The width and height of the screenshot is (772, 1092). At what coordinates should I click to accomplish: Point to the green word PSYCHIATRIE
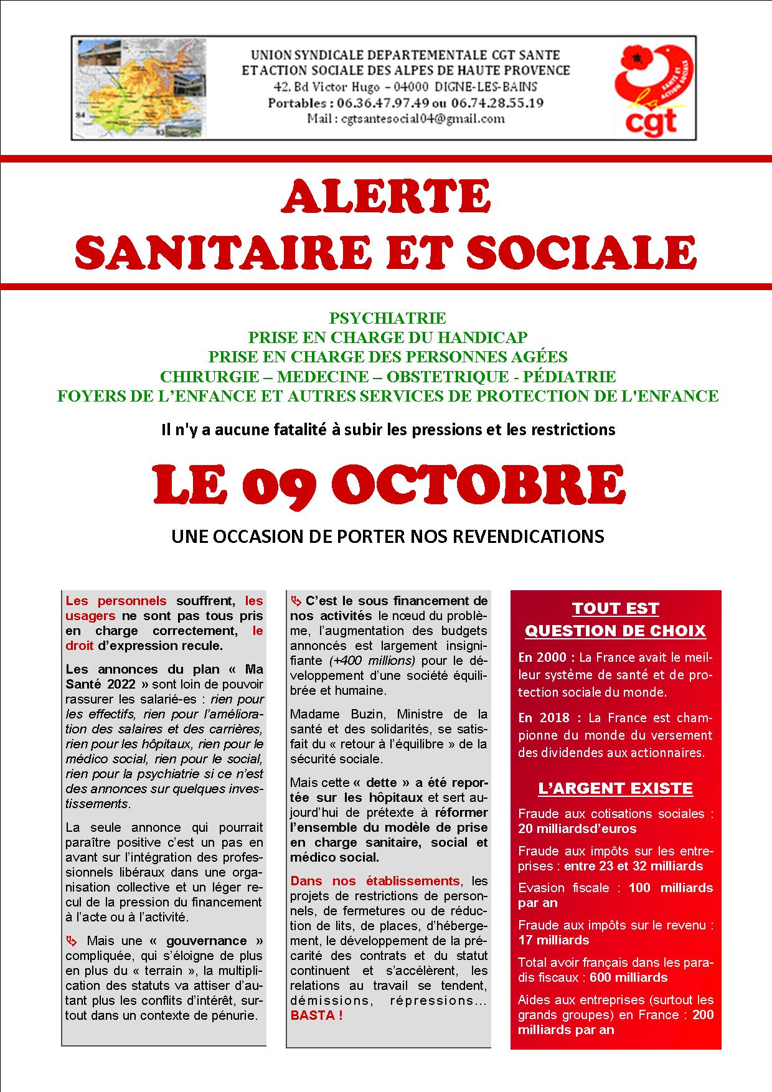(387, 319)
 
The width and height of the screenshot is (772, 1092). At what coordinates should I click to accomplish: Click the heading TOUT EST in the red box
(615, 608)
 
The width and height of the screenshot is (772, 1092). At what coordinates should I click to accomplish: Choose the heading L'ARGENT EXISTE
(615, 788)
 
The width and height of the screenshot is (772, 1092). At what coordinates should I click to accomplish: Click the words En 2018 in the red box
(542, 718)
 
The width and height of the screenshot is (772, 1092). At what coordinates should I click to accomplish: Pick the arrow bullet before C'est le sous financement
(296, 601)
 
